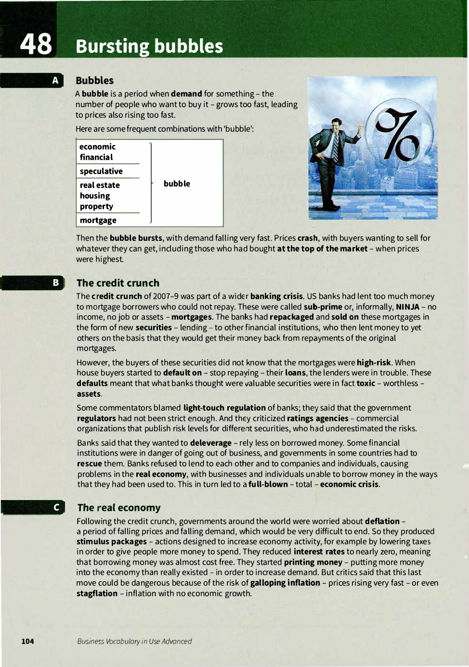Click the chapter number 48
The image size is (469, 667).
point(36,44)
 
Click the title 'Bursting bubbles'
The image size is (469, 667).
point(149,46)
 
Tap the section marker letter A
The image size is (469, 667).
point(55,80)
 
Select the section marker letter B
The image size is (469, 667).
point(56,283)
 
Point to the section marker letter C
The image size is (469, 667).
point(56,507)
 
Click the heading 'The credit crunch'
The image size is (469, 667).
point(118,283)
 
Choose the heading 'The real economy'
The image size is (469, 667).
point(119,507)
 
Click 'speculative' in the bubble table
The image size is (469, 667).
point(101,171)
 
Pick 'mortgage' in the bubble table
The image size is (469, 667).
point(98,220)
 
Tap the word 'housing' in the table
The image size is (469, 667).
point(95,196)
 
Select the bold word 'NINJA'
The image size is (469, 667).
point(407,307)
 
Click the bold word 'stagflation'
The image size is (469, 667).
point(97,593)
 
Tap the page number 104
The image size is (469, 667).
point(27,641)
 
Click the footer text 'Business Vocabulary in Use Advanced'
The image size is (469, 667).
point(134,641)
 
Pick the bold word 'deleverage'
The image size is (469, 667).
point(211,443)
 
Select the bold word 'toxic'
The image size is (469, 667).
point(365,383)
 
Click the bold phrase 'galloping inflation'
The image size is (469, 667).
point(285,583)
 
